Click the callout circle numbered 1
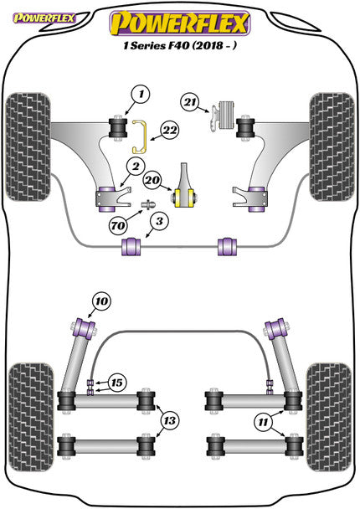click(x=141, y=95)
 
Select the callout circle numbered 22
click(x=170, y=131)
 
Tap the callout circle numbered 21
click(x=190, y=102)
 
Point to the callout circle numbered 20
click(x=152, y=180)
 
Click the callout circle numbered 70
click(x=118, y=225)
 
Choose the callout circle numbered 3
click(x=159, y=221)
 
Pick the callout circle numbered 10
click(x=101, y=301)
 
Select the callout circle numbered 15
click(x=117, y=383)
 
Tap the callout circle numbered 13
click(x=170, y=421)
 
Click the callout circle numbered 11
click(x=263, y=422)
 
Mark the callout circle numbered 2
click(x=135, y=167)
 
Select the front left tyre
click(x=28, y=147)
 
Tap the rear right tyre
click(x=329, y=417)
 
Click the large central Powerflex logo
click(x=180, y=23)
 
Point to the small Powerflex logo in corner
click(x=44, y=18)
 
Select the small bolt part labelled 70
click(x=148, y=205)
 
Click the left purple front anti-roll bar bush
click(x=131, y=247)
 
